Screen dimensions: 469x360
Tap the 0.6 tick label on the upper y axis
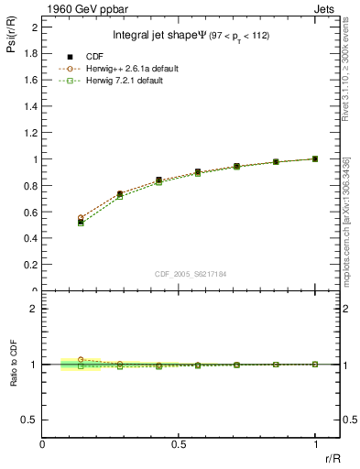pos(32,212)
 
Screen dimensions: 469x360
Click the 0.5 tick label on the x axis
pos(178,445)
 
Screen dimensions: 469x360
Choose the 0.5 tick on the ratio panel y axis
pos(32,419)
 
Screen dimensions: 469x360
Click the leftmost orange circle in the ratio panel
pos(81,360)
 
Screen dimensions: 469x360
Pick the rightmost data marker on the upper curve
pos(315,158)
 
